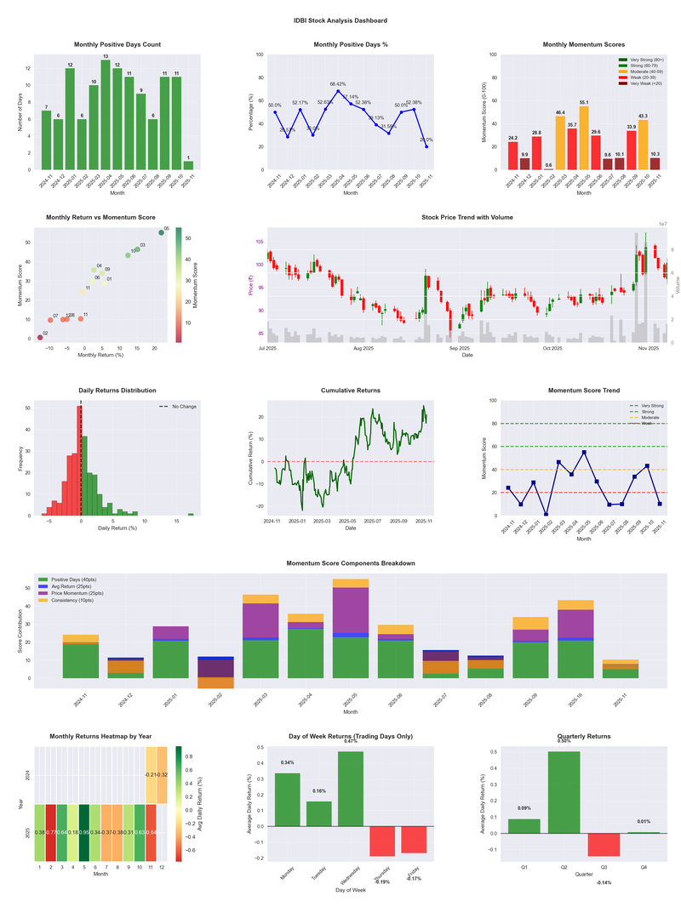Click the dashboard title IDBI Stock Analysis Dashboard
click(x=340, y=20)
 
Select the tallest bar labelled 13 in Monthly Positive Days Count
click(x=106, y=114)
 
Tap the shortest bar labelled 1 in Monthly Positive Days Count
click(x=188, y=165)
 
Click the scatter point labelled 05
click(x=161, y=232)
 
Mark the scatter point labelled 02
click(x=39, y=338)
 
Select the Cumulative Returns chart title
click(x=351, y=391)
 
